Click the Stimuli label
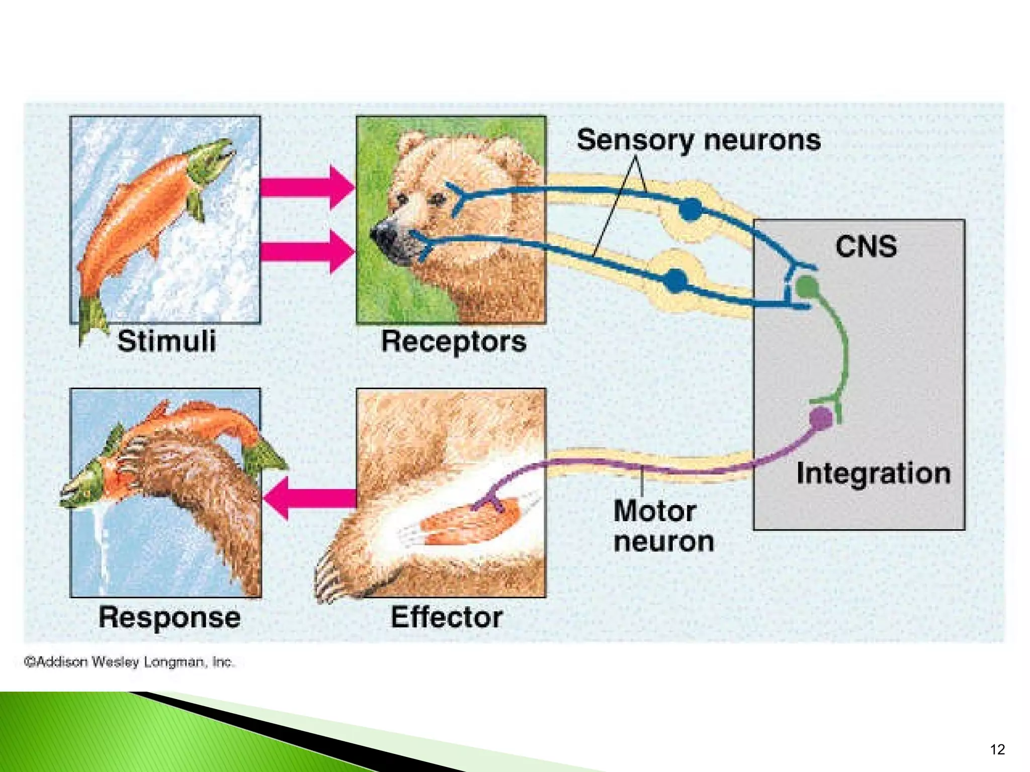[166, 341]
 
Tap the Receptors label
[453, 342]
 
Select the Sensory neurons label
[698, 140]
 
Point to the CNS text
[866, 246]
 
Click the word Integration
[873, 473]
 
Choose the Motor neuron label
[663, 526]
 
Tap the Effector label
[446, 617]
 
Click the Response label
[169, 617]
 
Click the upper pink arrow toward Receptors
[307, 187]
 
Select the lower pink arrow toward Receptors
[307, 251]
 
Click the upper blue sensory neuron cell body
[690, 209]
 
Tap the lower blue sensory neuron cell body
[675, 280]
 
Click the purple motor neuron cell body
[821, 419]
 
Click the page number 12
[997, 749]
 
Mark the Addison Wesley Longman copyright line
[129, 662]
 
